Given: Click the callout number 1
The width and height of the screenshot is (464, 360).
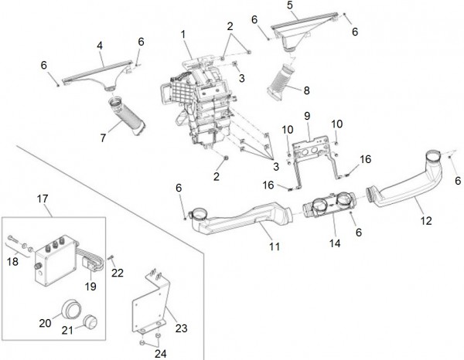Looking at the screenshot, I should click(x=183, y=34).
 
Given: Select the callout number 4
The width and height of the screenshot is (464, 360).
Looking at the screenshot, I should click(x=101, y=46).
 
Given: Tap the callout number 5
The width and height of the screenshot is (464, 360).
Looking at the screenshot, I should click(x=291, y=5).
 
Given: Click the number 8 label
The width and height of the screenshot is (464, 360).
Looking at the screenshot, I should click(x=306, y=90).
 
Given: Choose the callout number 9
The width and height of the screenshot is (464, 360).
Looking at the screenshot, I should click(x=306, y=116).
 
